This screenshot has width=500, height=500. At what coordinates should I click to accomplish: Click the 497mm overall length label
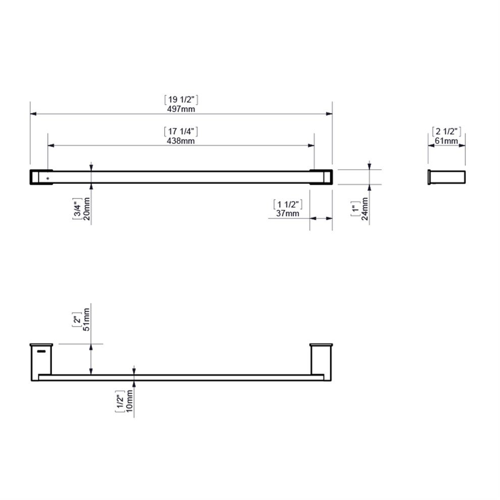tap(181, 109)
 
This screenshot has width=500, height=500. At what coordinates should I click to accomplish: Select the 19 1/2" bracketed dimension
tap(181, 100)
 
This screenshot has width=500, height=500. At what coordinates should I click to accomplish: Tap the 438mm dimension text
tap(181, 140)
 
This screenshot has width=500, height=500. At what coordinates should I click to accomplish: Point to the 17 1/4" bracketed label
tap(181, 131)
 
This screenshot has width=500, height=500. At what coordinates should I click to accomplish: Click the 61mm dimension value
tap(446, 140)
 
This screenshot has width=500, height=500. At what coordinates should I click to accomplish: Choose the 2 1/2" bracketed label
tap(446, 131)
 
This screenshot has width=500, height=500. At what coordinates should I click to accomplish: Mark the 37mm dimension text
tap(288, 213)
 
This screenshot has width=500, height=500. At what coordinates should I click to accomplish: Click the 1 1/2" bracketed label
tap(288, 205)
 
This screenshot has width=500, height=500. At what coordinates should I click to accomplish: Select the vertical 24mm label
tap(365, 209)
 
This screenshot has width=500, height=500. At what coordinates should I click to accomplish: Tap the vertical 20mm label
tap(86, 209)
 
